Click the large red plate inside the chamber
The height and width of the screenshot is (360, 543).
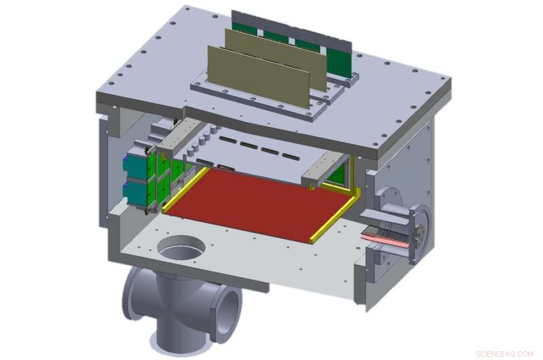pos(258,200)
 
